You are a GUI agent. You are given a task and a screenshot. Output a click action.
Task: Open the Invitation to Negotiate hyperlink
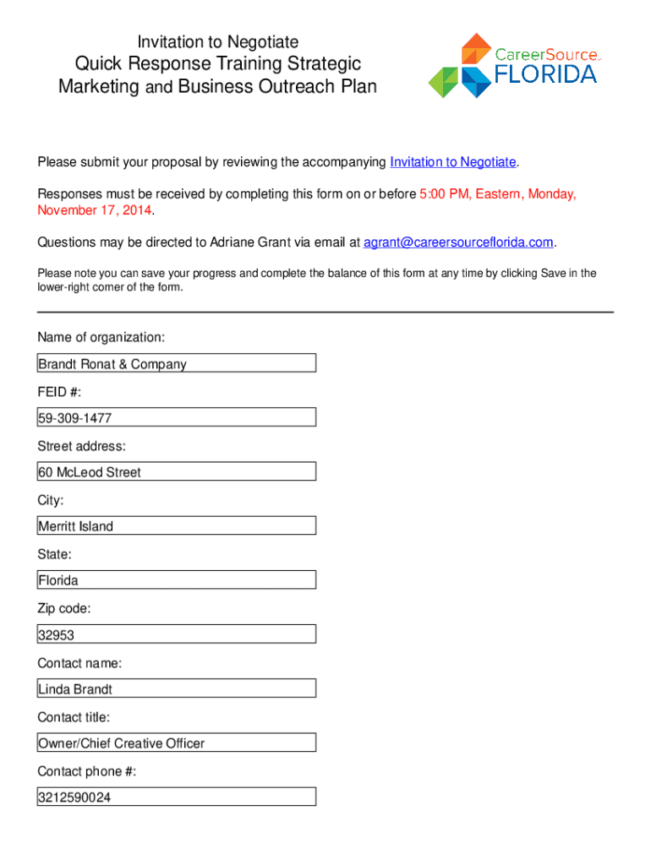pyautogui.click(x=452, y=162)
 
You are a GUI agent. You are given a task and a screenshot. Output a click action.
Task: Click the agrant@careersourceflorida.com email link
pyautogui.click(x=458, y=242)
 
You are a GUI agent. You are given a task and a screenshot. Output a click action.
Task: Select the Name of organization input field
pyautogui.click(x=177, y=363)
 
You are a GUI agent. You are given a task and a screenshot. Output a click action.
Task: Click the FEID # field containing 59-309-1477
pyautogui.click(x=177, y=417)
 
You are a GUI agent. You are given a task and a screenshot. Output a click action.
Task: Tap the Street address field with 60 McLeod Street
pyautogui.click(x=177, y=471)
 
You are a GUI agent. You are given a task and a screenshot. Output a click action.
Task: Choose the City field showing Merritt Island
pyautogui.click(x=177, y=525)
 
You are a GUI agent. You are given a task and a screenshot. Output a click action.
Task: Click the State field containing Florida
pyautogui.click(x=177, y=580)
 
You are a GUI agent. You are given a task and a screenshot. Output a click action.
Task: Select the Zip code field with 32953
pyautogui.click(x=177, y=634)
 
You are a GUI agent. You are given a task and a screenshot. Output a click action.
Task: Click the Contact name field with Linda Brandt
pyautogui.click(x=177, y=688)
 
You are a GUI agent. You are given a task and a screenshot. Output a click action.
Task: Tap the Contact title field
pyautogui.click(x=177, y=743)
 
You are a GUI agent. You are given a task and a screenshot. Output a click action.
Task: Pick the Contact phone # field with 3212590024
pyautogui.click(x=177, y=797)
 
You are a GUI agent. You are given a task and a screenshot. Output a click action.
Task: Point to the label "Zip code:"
pyautogui.click(x=64, y=608)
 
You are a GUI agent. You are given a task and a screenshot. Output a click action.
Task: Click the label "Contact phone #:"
pyautogui.click(x=86, y=771)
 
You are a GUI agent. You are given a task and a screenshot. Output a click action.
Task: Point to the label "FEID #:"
pyautogui.click(x=59, y=392)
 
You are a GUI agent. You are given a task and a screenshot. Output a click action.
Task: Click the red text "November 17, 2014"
pyautogui.click(x=96, y=210)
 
